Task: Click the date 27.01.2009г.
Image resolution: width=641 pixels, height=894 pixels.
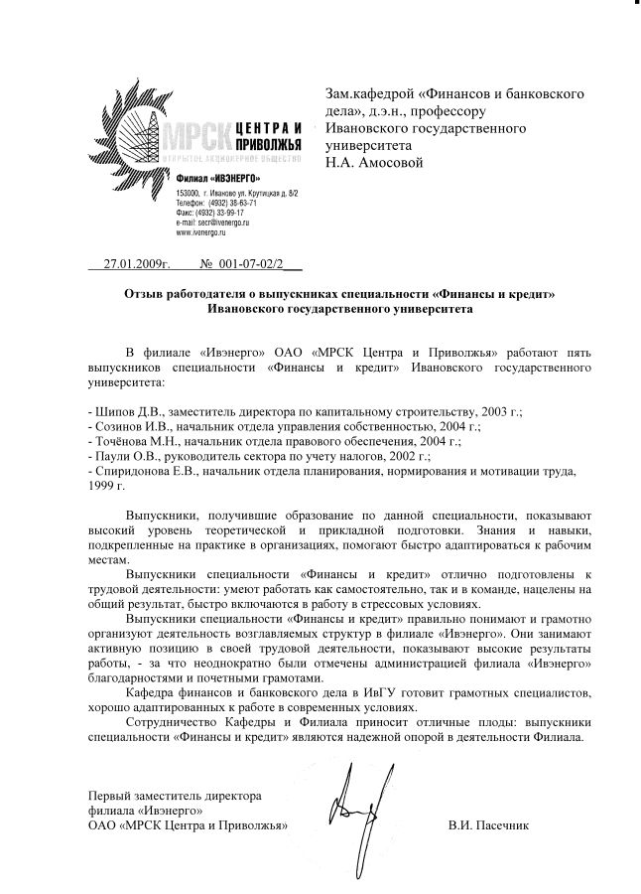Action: [138, 266]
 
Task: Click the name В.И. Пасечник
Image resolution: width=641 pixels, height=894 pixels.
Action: [488, 825]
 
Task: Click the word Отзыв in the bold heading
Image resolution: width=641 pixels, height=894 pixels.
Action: [146, 295]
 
